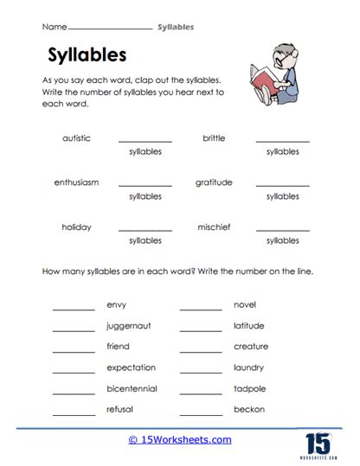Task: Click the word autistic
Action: click(76, 137)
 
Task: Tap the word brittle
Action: click(214, 137)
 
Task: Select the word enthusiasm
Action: click(76, 182)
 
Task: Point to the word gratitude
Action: click(213, 182)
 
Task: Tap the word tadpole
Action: click(249, 388)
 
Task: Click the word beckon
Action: click(249, 409)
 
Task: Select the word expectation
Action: click(131, 367)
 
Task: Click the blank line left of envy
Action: click(74, 309)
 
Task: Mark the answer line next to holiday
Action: click(145, 230)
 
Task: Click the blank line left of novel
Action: click(201, 309)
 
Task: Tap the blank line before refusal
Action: click(74, 412)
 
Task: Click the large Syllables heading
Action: click(85, 55)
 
